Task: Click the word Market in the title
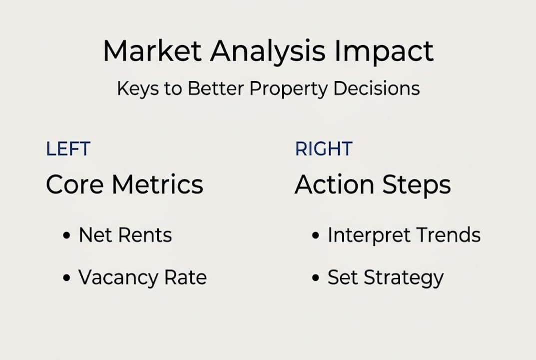(152, 50)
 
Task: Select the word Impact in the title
(384, 52)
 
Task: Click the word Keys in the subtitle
(138, 88)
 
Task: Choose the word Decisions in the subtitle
(376, 88)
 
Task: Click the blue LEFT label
(68, 149)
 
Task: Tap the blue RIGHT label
(323, 149)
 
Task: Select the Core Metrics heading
(124, 184)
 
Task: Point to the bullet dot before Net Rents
(66, 235)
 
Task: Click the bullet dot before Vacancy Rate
(66, 277)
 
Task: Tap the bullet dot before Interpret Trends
(316, 235)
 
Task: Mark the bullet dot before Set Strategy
(316, 277)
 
